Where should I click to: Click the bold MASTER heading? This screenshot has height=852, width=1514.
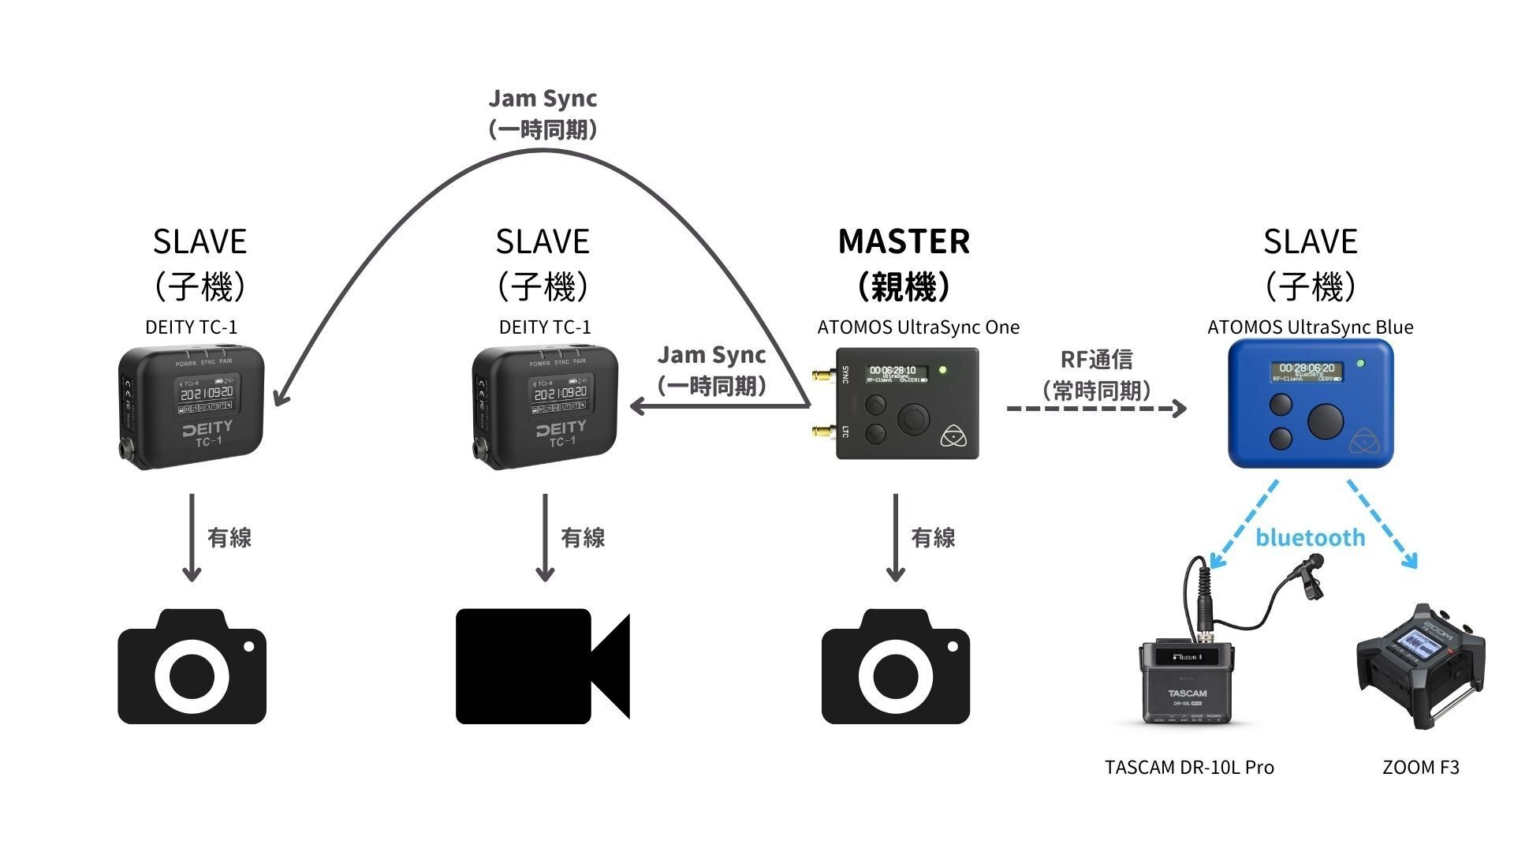(x=904, y=241)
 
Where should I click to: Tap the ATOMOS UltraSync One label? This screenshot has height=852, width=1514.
(x=918, y=327)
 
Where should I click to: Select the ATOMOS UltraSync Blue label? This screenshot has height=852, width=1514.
(x=1310, y=327)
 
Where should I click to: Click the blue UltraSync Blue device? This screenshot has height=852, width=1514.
(x=1311, y=404)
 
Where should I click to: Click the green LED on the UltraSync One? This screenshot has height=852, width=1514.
(x=943, y=369)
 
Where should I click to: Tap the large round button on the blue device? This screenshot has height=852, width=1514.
(x=1326, y=421)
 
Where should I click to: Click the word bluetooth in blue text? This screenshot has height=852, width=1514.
(x=1310, y=538)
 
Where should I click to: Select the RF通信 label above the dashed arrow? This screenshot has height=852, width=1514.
(x=1097, y=360)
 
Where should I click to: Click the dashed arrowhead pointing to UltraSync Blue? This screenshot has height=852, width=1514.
(x=1180, y=409)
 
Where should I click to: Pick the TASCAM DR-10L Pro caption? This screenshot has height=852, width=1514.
(x=1189, y=768)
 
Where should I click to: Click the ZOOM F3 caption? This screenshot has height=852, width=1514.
(x=1420, y=768)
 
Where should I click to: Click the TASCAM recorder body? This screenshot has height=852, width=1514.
(x=1187, y=682)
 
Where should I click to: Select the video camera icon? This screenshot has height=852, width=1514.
(x=543, y=667)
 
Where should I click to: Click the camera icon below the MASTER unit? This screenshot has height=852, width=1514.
(x=895, y=667)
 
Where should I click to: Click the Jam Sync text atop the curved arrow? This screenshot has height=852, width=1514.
(x=543, y=99)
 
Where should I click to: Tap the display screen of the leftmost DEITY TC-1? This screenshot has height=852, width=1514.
(x=207, y=393)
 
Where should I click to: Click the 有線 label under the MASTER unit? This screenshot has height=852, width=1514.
(x=933, y=538)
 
